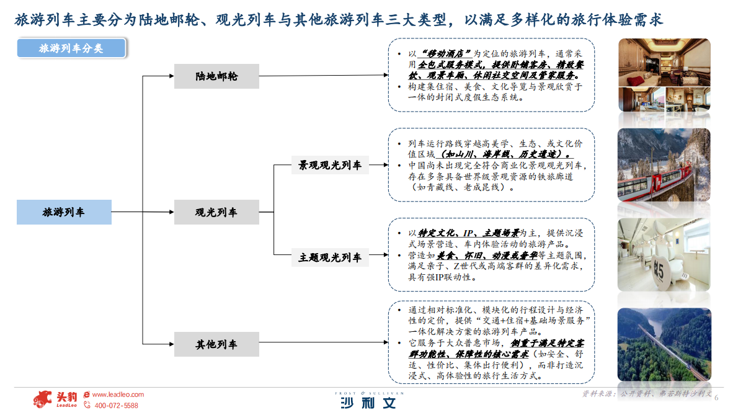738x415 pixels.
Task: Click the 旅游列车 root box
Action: (x=64, y=212)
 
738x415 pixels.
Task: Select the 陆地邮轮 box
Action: (x=216, y=76)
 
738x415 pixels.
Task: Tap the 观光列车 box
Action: (x=216, y=212)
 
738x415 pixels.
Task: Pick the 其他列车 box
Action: (x=216, y=344)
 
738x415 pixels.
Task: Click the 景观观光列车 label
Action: (x=330, y=166)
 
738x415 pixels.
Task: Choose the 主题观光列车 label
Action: (x=330, y=257)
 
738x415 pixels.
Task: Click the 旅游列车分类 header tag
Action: (x=71, y=48)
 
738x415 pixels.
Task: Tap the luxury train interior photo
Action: (x=664, y=75)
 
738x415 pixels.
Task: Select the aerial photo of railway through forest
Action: (x=664, y=345)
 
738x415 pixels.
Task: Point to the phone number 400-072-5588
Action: (x=116, y=406)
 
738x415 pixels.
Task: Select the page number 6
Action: (x=716, y=398)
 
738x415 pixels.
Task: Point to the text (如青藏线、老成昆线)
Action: (x=462, y=187)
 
